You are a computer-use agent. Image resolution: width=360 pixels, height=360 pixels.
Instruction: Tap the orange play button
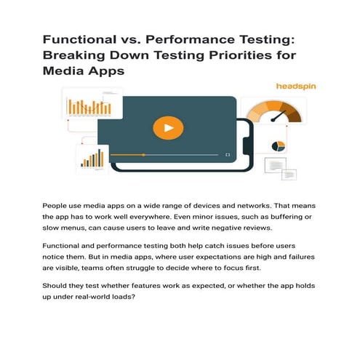click(x=169, y=129)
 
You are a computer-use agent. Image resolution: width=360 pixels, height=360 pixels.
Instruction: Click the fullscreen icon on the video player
click(x=228, y=155)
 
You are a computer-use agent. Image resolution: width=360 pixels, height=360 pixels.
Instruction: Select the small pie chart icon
click(x=277, y=146)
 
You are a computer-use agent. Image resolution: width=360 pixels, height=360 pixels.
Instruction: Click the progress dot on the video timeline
click(x=143, y=155)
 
